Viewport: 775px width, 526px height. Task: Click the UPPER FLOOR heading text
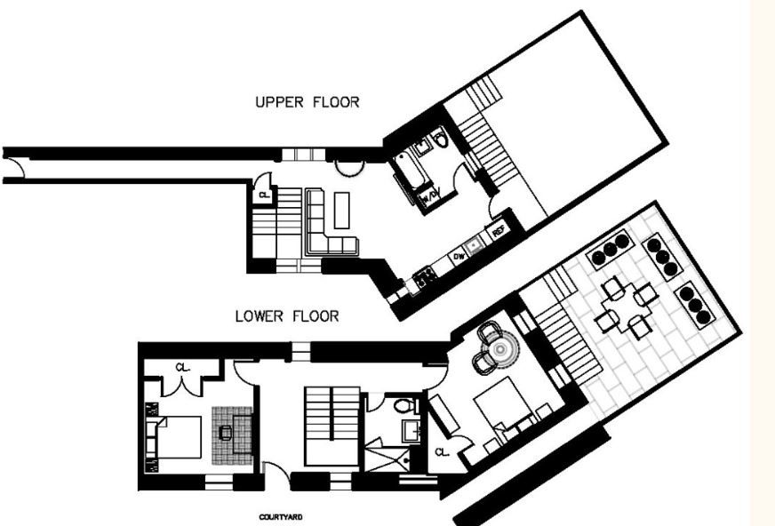(308, 102)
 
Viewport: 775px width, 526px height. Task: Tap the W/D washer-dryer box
(430, 196)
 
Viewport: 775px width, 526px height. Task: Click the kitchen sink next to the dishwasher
(476, 242)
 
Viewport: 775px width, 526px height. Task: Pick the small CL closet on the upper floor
(264, 195)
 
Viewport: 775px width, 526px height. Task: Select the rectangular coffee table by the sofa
(342, 210)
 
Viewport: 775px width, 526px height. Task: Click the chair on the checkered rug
(225, 433)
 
